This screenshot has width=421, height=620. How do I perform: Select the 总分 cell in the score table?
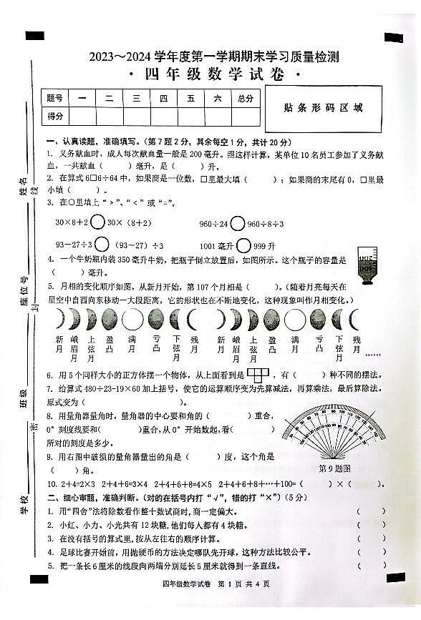pos(246,99)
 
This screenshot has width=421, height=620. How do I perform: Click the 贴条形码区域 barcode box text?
pos(323,108)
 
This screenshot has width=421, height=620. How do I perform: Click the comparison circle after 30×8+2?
pos(98,222)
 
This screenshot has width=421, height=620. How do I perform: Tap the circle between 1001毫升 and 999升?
pos(244,244)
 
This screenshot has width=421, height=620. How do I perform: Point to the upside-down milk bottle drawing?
pos(365,268)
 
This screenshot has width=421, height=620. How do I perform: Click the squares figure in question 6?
pos(257,374)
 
